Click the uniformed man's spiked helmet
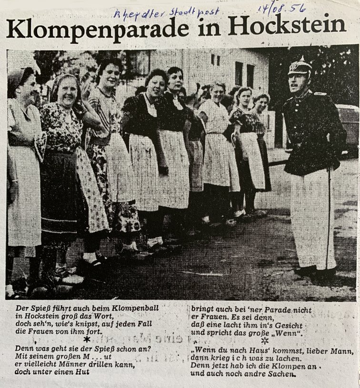point(300,68)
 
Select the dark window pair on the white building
point(244,74)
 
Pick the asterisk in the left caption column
point(87,339)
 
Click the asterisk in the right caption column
point(265,341)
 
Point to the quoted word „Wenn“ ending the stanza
point(287,333)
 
